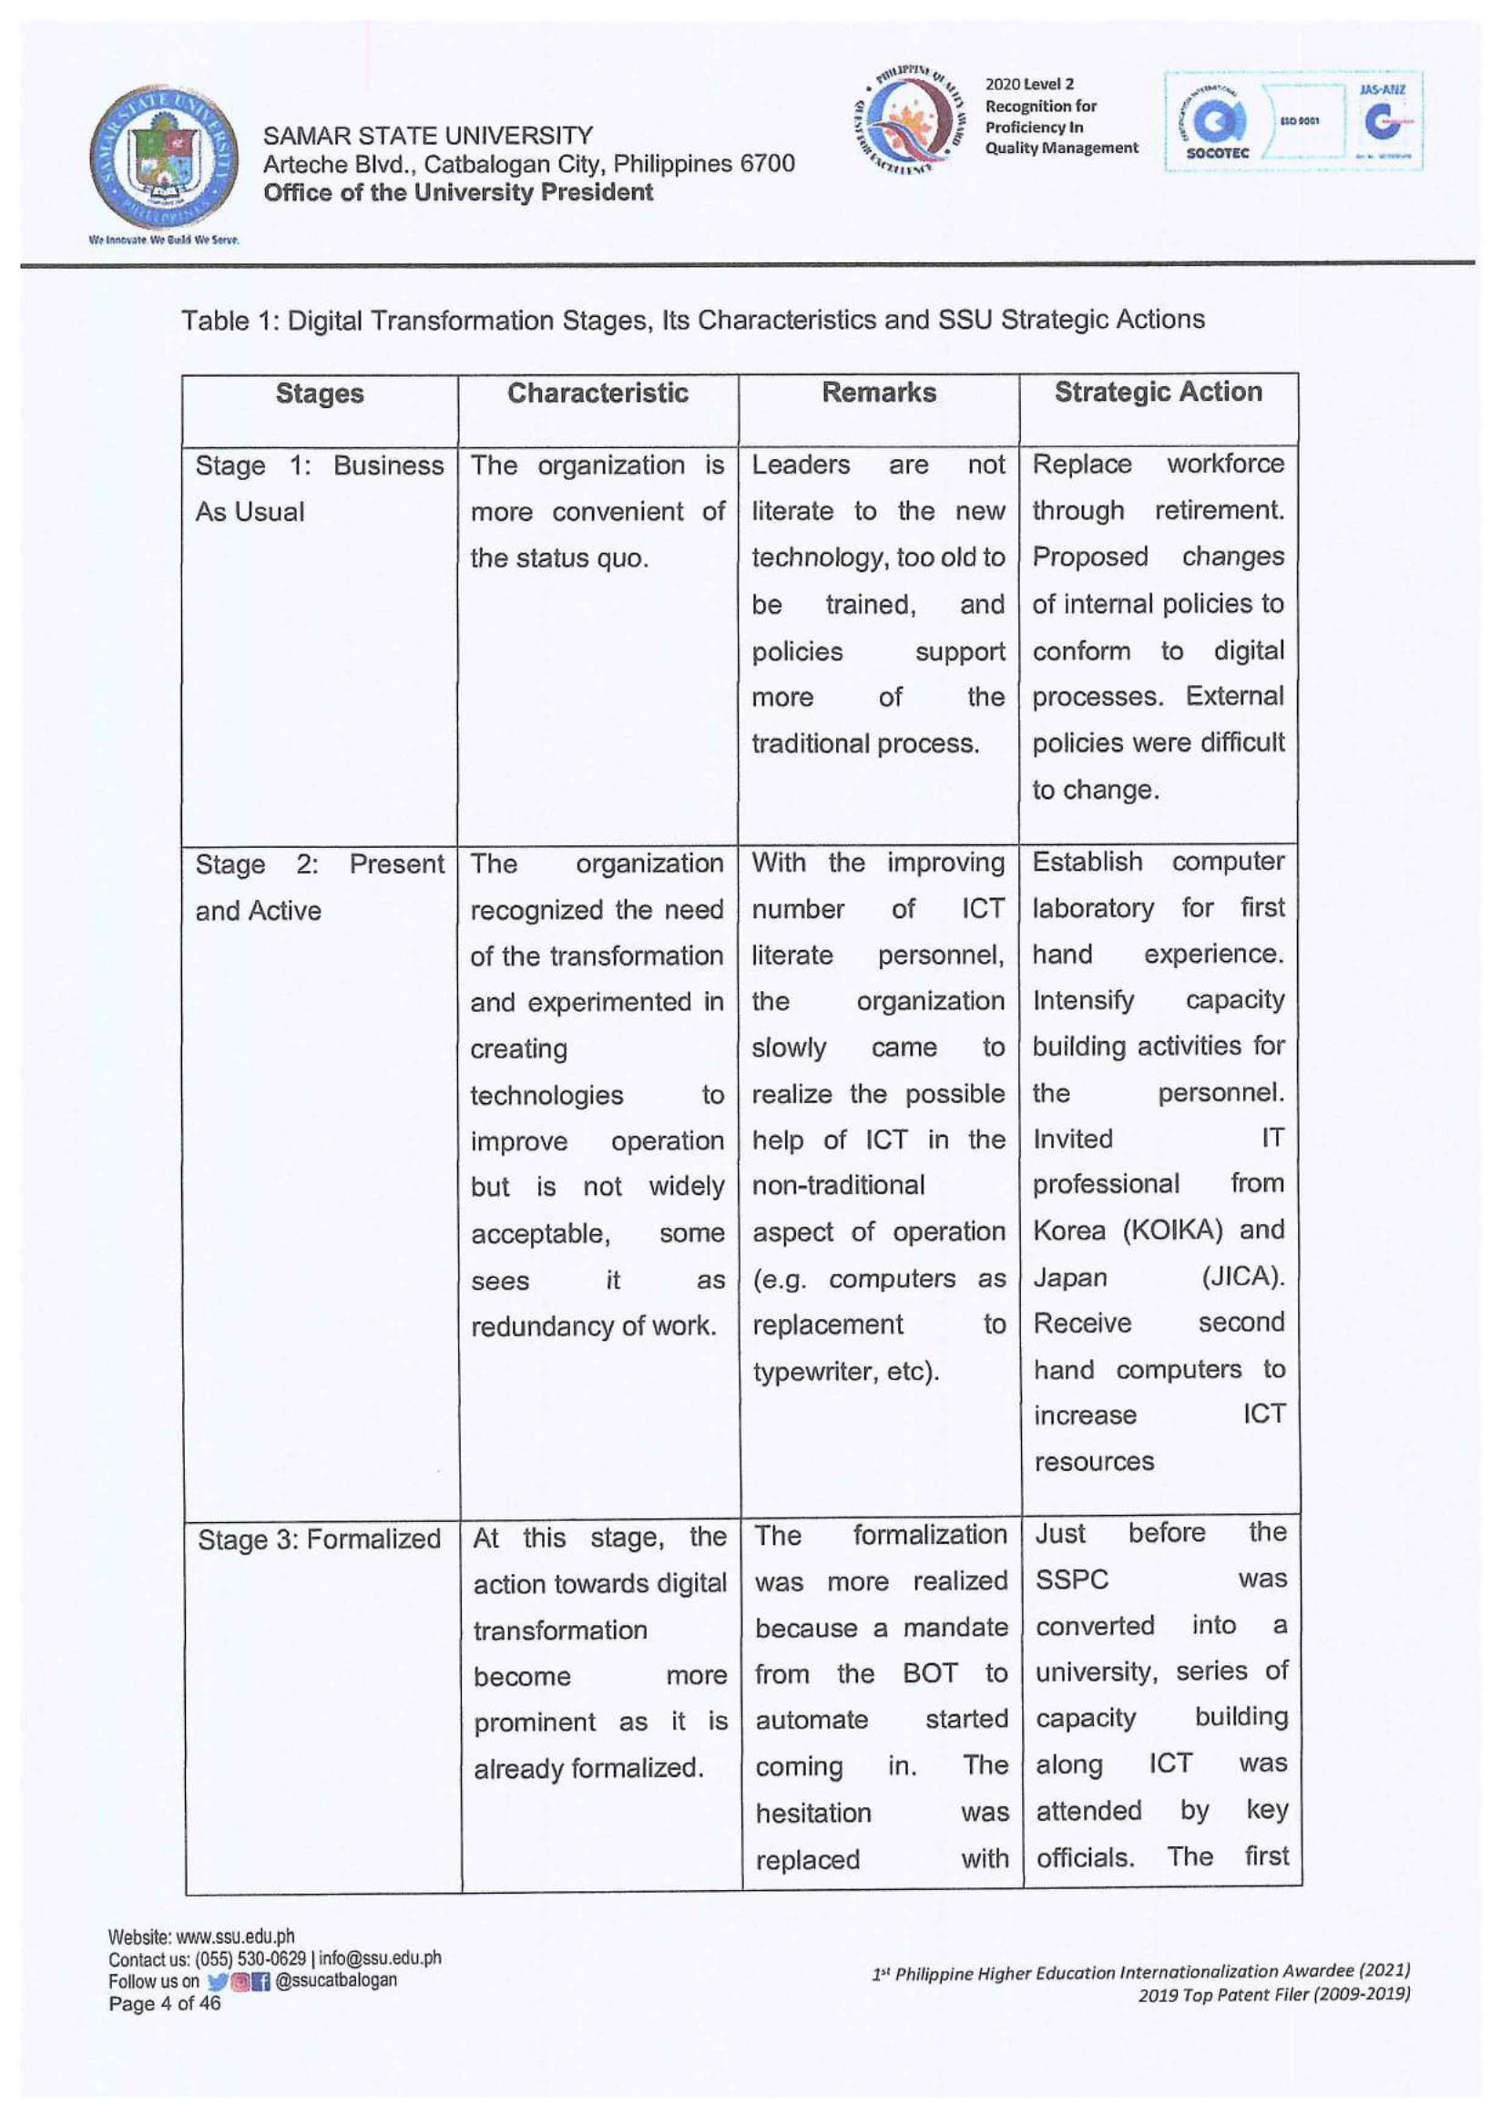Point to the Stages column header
pos(320,394)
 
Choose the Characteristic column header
pos(598,393)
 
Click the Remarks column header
pos(879,392)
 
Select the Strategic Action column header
pos(1159,392)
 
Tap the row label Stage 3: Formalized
pos(319,1539)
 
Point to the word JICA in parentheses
pos(1241,1277)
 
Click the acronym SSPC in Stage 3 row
pos(1071,1579)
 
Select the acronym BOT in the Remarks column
pos(930,1673)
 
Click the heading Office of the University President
pos(457,192)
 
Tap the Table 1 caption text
pos(692,320)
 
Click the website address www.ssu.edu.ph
pos(235,1937)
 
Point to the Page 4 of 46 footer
pos(165,2003)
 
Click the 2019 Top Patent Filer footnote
pos(1273,1994)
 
